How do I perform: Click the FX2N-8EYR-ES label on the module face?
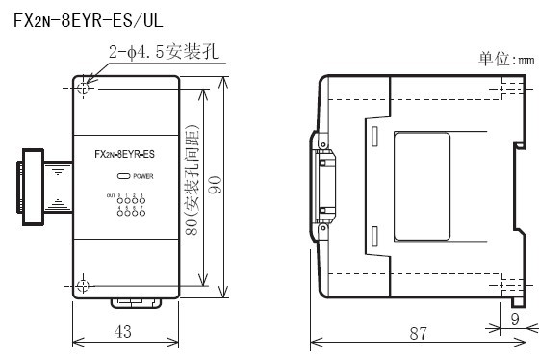point(127,155)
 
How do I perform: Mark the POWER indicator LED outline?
point(122,177)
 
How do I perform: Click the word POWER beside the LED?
point(143,177)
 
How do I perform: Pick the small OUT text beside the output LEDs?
point(110,196)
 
